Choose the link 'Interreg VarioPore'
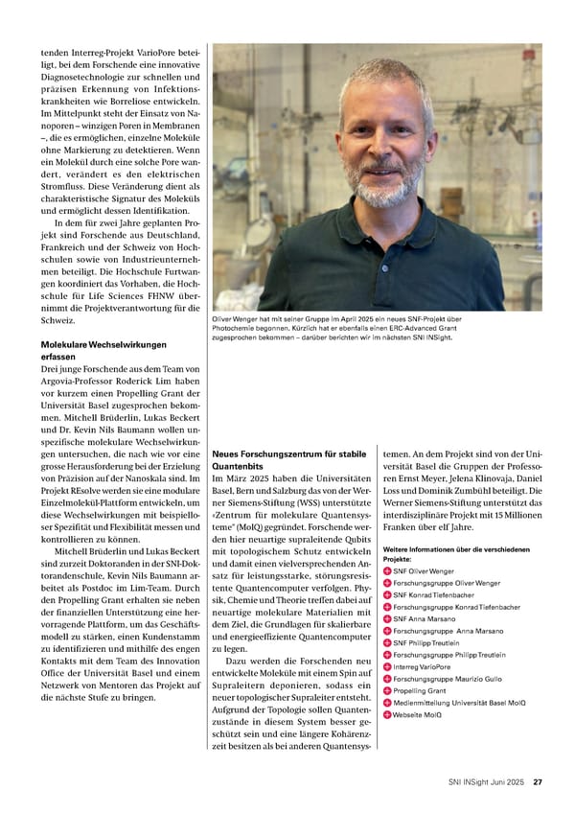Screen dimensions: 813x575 coord(421,666)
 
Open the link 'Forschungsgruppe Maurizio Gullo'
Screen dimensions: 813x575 coord(447,679)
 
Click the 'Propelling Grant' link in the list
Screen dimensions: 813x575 coord(420,690)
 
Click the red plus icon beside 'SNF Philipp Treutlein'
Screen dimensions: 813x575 coord(387,642)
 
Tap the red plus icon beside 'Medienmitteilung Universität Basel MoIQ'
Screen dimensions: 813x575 coord(387,703)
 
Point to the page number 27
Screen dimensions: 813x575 coord(539,781)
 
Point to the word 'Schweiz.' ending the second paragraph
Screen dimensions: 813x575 coord(57,320)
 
